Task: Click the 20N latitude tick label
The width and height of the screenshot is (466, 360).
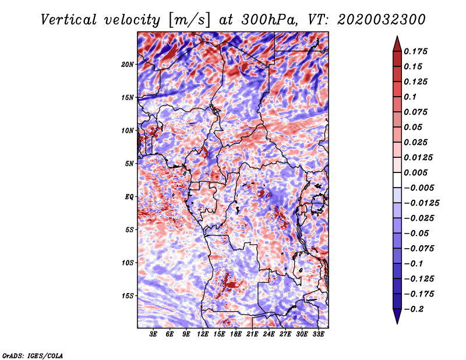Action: click(x=128, y=65)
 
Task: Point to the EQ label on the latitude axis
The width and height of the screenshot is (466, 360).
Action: click(x=129, y=197)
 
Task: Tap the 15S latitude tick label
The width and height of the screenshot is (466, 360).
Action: click(x=128, y=296)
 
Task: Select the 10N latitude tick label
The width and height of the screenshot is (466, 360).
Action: click(x=128, y=130)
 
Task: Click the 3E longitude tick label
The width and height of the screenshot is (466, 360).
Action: click(x=153, y=334)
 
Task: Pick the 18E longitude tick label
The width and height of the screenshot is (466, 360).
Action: click(x=236, y=334)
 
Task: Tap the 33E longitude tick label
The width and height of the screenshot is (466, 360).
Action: click(x=318, y=334)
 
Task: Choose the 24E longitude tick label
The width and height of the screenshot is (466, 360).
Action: click(x=269, y=334)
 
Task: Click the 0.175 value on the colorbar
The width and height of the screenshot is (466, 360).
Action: click(x=415, y=51)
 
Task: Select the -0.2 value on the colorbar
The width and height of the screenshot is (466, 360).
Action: click(x=414, y=309)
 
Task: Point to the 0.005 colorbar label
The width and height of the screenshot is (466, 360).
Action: click(x=415, y=172)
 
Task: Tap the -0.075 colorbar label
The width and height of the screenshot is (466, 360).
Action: click(x=419, y=249)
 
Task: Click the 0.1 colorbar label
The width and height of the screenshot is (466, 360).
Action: click(x=410, y=97)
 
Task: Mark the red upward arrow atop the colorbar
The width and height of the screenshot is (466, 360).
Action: click(x=397, y=44)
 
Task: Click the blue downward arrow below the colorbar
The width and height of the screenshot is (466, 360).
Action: click(x=397, y=316)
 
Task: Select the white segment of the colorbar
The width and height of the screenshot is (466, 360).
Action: click(x=397, y=180)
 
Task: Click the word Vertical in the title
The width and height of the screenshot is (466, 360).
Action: click(x=69, y=20)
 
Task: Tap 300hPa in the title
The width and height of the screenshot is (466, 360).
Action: click(x=269, y=20)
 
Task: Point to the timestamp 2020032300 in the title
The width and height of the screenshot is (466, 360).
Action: click(x=382, y=20)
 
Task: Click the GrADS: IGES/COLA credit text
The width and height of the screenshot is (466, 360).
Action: click(x=33, y=356)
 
